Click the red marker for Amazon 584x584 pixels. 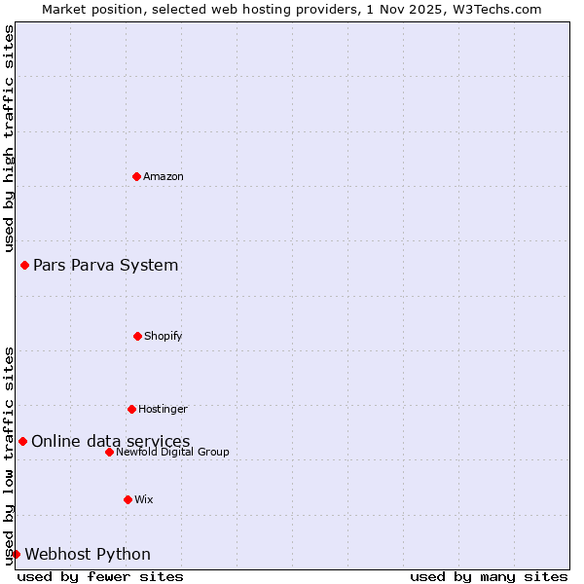click(x=136, y=176)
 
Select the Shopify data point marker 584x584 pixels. click(x=137, y=336)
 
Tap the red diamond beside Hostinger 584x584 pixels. click(x=131, y=409)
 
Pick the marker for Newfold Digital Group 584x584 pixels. click(x=109, y=452)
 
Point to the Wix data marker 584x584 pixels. click(x=128, y=499)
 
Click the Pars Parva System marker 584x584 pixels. click(x=24, y=265)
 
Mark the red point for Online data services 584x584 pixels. click(x=22, y=441)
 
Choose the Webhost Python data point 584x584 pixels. click(x=16, y=554)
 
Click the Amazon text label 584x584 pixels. click(x=164, y=176)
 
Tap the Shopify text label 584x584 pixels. click(x=163, y=336)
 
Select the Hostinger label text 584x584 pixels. click(x=163, y=409)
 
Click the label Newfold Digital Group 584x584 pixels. click(x=172, y=452)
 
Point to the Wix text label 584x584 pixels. click(x=143, y=499)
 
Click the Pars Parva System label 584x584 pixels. click(x=105, y=265)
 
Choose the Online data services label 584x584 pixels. click(x=110, y=441)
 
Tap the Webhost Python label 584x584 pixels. click(x=88, y=554)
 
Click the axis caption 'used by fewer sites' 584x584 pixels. click(x=100, y=576)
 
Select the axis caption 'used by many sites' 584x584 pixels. click(x=489, y=576)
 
